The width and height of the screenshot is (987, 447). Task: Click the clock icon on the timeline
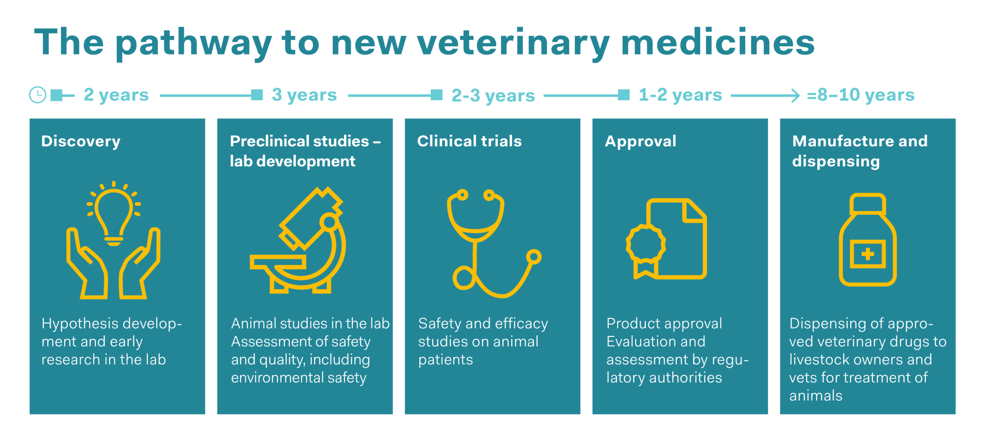(x=37, y=95)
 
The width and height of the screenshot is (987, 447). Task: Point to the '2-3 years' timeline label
(x=493, y=96)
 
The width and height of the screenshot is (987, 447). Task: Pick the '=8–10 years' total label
(x=861, y=95)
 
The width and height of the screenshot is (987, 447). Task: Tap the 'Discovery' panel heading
(x=81, y=142)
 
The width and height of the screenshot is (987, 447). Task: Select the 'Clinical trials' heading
(x=469, y=141)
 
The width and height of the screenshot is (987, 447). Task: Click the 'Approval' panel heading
(x=640, y=142)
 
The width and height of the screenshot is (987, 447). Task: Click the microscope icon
(x=298, y=240)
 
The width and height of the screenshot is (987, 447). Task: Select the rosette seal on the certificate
(x=646, y=244)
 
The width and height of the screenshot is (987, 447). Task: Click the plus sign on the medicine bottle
(x=867, y=254)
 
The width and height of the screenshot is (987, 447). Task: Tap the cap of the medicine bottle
(x=867, y=204)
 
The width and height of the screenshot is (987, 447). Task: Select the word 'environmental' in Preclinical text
(x=277, y=378)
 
